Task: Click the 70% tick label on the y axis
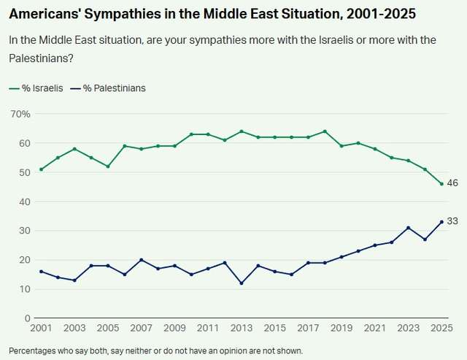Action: [20, 115]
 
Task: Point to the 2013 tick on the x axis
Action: [242, 329]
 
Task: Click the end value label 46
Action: [452, 183]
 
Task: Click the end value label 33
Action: [452, 221]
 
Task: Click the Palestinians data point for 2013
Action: [242, 283]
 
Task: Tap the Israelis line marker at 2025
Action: [441, 184]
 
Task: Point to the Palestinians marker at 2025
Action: [441, 222]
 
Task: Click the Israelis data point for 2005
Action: [108, 166]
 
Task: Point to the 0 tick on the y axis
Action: [26, 318]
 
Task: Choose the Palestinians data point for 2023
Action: [409, 228]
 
